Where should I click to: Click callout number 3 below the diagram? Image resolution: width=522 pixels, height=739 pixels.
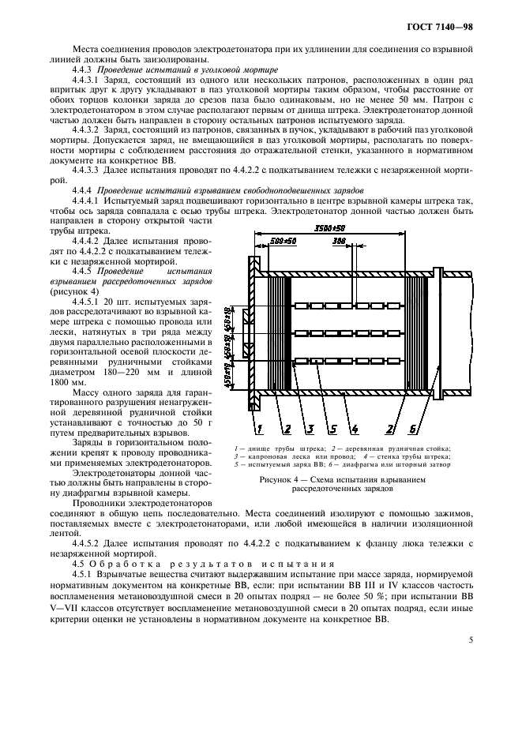[310, 429]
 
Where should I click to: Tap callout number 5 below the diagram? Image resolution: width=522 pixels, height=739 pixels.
[332, 429]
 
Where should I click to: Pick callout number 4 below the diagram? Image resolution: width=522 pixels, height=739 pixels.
[355, 429]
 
